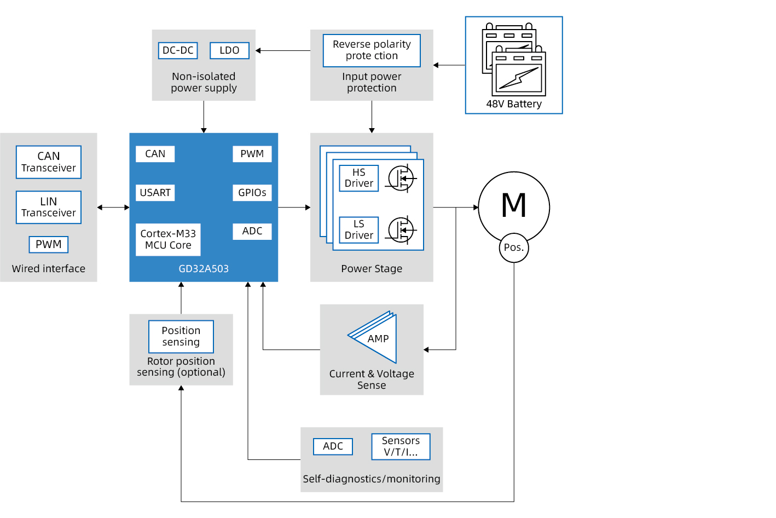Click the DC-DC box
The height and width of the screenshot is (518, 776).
pyautogui.click(x=178, y=50)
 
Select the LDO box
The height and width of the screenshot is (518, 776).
pyautogui.click(x=229, y=50)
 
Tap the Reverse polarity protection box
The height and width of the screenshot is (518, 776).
pyautogui.click(x=372, y=50)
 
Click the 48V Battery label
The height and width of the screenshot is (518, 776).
pyautogui.click(x=514, y=104)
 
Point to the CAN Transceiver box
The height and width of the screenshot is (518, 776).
pyautogui.click(x=49, y=162)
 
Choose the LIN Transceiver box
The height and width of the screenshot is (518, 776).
pyautogui.click(x=49, y=207)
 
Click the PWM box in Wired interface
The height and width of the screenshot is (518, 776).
pyautogui.click(x=49, y=244)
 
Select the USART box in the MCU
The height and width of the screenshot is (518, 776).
pyautogui.click(x=155, y=193)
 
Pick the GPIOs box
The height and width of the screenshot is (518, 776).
pyautogui.click(x=252, y=193)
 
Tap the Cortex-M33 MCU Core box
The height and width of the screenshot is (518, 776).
pyautogui.click(x=168, y=239)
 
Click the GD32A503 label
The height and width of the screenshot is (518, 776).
pyautogui.click(x=204, y=269)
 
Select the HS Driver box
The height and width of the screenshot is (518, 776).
pyautogui.click(x=359, y=178)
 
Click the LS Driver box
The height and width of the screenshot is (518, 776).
pyautogui.click(x=359, y=230)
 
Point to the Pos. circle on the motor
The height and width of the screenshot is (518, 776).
pyautogui.click(x=514, y=248)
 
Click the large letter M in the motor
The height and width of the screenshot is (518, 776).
pyautogui.click(x=514, y=205)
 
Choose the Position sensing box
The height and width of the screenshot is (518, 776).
pyautogui.click(x=181, y=336)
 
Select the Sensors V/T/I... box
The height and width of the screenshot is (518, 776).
pyautogui.click(x=401, y=446)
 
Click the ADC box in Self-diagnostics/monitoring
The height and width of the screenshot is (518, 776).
pyautogui.click(x=333, y=446)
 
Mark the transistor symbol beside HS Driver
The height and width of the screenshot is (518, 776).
pyautogui.click(x=401, y=179)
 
